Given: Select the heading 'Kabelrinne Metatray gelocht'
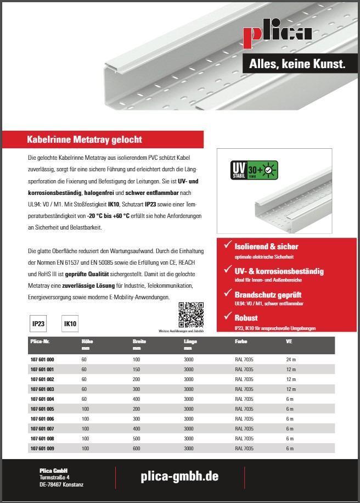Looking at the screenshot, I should [85, 140].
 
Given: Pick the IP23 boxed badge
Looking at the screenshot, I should [38, 324].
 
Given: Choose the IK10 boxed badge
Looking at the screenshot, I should [70, 324].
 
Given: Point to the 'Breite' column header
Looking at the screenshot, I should [139, 341].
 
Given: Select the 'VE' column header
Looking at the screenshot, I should [289, 341].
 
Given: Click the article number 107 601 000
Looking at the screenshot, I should [42, 359].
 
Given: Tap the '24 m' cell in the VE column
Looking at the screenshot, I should [291, 359].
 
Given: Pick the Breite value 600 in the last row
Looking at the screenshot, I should [137, 449].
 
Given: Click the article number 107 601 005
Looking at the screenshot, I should [42, 409].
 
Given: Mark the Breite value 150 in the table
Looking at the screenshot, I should [137, 369].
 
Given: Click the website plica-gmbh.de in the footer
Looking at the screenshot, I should [180, 477].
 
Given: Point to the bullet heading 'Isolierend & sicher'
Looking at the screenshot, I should [266, 247].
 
